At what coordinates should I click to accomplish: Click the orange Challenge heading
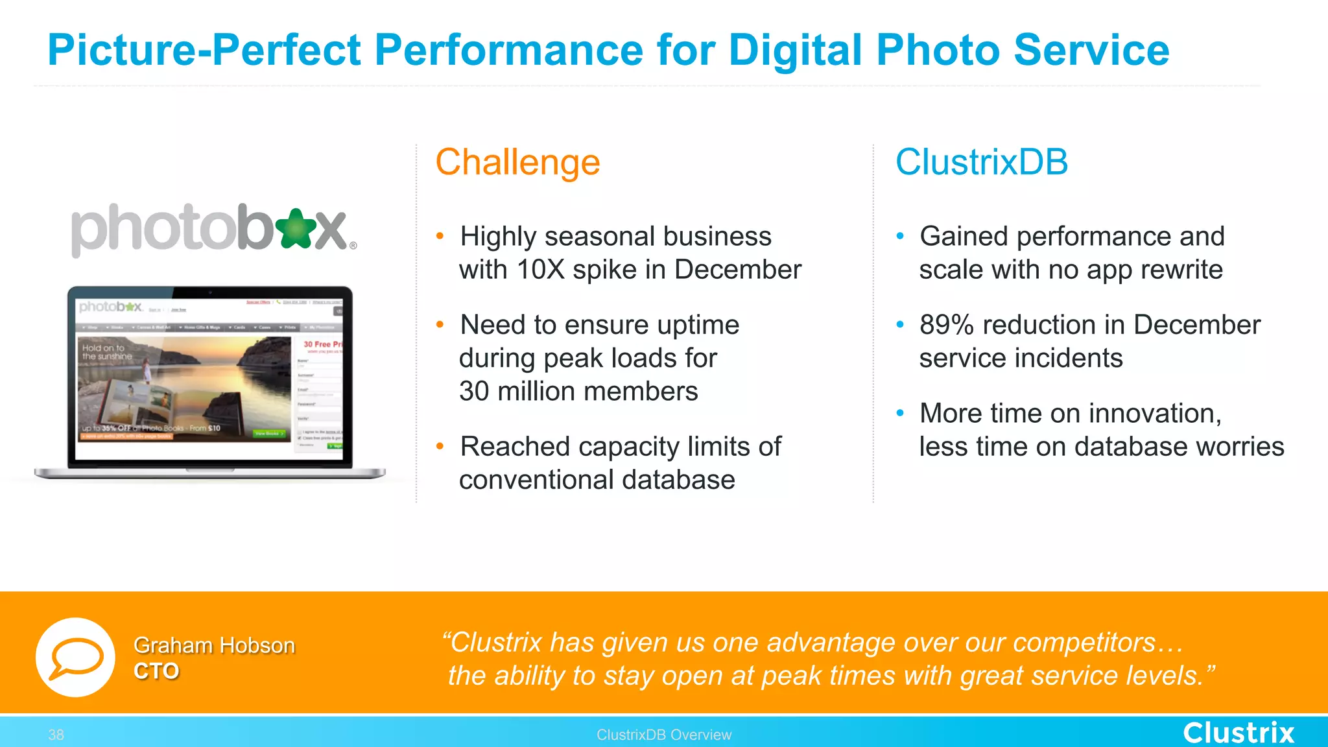517,162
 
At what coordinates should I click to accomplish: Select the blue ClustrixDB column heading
981,162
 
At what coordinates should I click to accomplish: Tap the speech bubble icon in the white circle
76,657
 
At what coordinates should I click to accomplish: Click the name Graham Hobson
214,645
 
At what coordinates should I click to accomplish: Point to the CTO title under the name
156,671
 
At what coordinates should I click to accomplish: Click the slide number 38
56,735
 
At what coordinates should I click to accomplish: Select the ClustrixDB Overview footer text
663,735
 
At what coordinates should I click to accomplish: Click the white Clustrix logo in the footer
1238,733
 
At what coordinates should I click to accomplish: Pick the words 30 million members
578,392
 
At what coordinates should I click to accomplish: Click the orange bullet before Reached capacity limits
440,446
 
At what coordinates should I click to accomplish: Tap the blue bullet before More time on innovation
899,413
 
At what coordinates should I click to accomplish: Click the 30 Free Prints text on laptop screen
322,344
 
